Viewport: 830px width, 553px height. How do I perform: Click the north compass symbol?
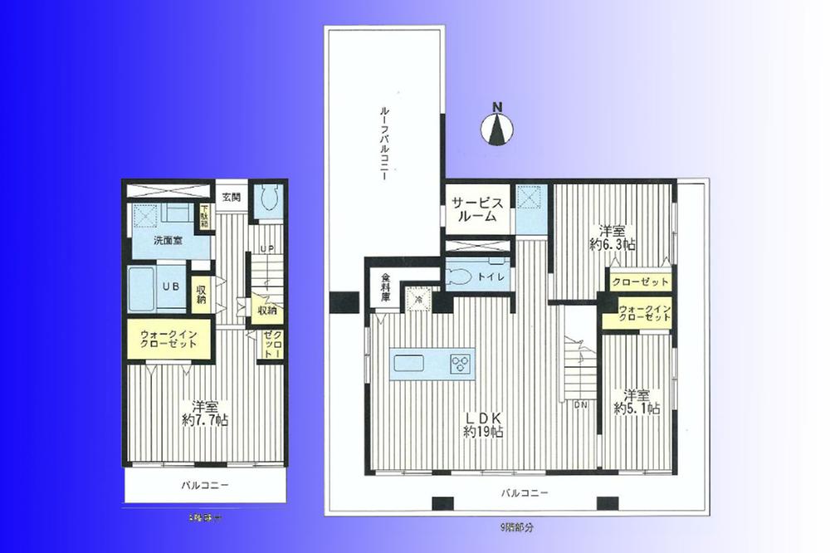pyautogui.click(x=497, y=126)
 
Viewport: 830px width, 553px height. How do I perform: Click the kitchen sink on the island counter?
pyautogui.click(x=408, y=364)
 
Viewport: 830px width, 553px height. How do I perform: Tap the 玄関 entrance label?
pyautogui.click(x=231, y=198)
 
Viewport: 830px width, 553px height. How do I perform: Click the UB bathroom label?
pyautogui.click(x=169, y=286)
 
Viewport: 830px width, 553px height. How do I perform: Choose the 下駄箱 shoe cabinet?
pyautogui.click(x=205, y=218)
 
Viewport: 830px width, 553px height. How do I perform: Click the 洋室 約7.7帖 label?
pyautogui.click(x=205, y=413)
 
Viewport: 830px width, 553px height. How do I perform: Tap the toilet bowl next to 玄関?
pyautogui.click(x=268, y=201)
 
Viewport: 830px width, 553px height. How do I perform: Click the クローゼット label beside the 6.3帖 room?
pyautogui.click(x=640, y=282)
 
